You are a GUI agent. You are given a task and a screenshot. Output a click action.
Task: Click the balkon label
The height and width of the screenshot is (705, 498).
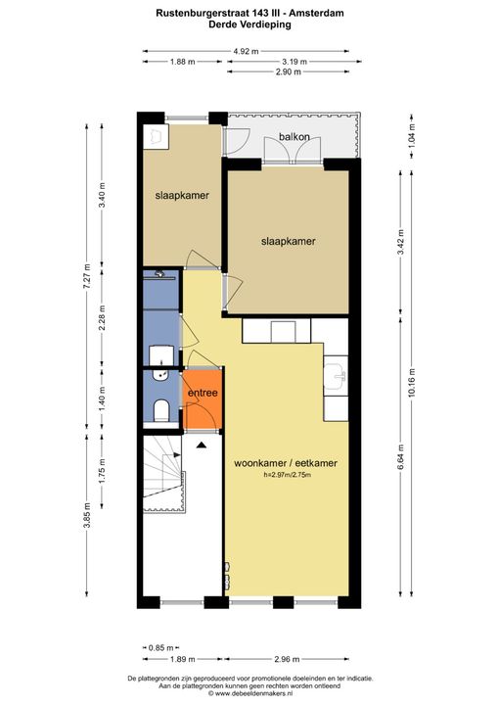(x=294, y=136)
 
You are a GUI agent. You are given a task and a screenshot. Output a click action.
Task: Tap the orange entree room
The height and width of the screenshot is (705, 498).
(x=203, y=399)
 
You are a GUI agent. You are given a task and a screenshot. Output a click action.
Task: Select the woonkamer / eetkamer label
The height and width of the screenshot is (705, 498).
(x=286, y=463)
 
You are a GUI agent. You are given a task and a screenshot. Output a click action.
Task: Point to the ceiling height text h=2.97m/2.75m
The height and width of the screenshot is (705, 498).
(x=288, y=475)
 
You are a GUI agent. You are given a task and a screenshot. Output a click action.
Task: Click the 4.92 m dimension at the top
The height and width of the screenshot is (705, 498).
(x=246, y=51)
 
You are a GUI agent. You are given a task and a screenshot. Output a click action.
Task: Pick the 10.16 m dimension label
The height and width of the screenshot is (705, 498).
(x=413, y=383)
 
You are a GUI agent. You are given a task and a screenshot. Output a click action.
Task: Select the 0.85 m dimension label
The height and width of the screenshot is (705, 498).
(x=160, y=648)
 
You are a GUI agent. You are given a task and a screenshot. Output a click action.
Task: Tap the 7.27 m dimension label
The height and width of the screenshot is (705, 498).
(x=88, y=281)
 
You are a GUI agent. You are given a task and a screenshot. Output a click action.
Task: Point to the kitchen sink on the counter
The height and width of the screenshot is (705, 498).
(x=336, y=375)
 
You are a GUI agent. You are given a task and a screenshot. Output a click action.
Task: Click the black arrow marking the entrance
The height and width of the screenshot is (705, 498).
(x=201, y=446)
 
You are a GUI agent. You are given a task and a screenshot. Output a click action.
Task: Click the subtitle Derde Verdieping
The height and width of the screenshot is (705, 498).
(x=249, y=24)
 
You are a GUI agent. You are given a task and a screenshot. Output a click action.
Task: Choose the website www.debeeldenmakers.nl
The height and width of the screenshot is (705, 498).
(x=250, y=693)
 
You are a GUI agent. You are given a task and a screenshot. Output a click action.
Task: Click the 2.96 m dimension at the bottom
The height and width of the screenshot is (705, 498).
(x=287, y=660)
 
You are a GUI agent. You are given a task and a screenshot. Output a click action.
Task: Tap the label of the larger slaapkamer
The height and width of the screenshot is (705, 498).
(x=289, y=242)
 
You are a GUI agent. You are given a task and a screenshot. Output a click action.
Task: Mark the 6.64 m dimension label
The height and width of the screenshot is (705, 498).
(x=400, y=456)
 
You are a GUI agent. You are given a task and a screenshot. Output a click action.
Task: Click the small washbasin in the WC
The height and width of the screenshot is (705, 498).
(x=160, y=374)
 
